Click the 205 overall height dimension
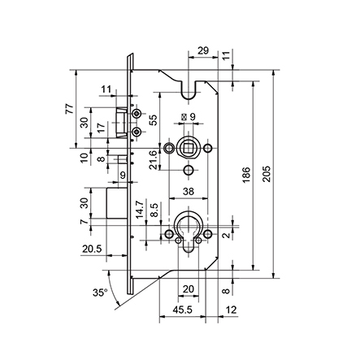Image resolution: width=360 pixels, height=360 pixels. (x=267, y=174)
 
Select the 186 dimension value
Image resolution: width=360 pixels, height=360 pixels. (x=246, y=175)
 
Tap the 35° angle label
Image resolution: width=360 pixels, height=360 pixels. (x=100, y=293)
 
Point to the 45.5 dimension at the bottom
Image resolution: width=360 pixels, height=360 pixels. (x=183, y=310)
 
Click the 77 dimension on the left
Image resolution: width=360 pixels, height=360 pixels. (x=69, y=109)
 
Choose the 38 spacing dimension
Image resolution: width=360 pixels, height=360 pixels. (x=189, y=192)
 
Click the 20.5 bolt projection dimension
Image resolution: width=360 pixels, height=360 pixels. (x=93, y=249)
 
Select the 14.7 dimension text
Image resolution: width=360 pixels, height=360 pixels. (x=140, y=210)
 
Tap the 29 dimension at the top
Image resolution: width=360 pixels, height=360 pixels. (x=203, y=50)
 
